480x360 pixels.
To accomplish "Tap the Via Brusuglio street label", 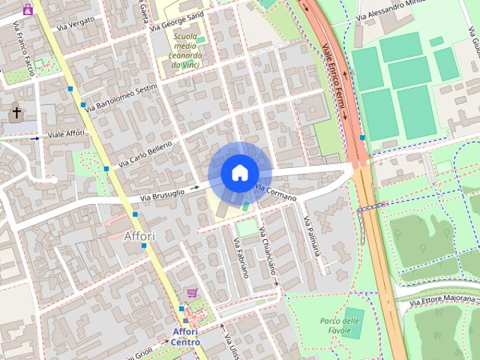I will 162,193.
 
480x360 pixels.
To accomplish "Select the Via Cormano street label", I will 276,193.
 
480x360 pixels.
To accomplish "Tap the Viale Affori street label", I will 67,134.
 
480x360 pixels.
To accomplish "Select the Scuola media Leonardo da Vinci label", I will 186,50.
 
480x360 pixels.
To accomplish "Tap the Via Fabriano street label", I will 241,257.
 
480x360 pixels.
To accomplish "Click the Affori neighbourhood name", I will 139,236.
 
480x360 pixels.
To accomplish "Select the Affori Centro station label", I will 186,337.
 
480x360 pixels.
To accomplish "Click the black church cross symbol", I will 16,113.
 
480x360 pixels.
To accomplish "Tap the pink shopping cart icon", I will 192,292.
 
